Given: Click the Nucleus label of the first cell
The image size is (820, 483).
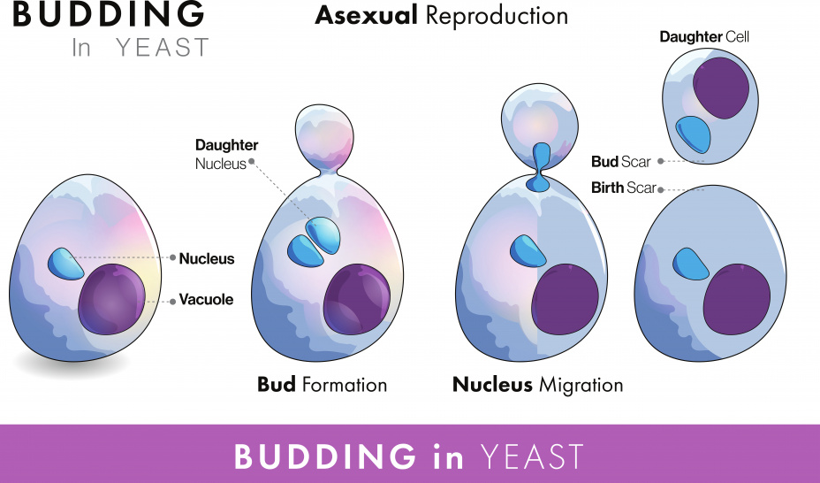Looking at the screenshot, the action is tap(207, 258).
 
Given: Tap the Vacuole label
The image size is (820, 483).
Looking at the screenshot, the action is tap(206, 299).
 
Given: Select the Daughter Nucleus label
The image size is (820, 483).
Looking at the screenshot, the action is tap(226, 154).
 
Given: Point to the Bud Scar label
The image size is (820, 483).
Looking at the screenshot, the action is tap(621, 162).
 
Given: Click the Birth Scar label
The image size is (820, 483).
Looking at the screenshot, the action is tap(623, 188).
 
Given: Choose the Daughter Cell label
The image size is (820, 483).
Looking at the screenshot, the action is tap(704, 36).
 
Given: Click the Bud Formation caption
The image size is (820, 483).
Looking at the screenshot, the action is tap(322, 385).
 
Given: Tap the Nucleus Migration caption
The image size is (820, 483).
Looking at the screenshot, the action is tap(537, 385).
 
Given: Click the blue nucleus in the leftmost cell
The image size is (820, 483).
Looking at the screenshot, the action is tap(65, 264).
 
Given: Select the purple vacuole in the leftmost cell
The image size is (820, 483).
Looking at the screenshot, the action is tap(111, 299).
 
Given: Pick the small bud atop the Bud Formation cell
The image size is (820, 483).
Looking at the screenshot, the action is tap(324, 137).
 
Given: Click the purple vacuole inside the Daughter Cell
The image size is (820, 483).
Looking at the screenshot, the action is tap(721, 88).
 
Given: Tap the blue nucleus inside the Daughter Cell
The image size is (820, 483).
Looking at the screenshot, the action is tap(694, 134).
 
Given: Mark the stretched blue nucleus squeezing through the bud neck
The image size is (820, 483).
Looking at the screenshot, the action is tap(539, 167).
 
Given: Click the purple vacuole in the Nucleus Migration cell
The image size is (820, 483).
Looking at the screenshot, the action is tap(565, 299).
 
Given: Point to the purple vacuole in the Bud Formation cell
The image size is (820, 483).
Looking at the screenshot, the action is tap(357, 299).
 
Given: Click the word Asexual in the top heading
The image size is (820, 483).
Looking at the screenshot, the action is tap(366, 16).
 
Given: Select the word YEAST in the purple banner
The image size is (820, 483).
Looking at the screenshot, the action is tap(531, 456).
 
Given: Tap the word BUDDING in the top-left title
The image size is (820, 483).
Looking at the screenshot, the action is tap(109, 14).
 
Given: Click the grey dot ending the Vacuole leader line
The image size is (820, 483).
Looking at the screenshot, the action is tap(172, 302).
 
